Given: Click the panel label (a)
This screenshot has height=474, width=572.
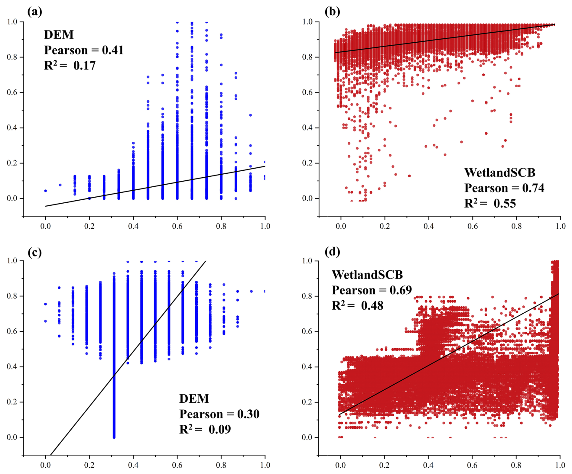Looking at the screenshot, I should click(x=34, y=12).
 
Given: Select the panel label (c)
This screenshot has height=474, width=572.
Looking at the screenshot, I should click(x=34, y=252).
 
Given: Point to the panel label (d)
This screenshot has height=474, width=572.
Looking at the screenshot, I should click(x=332, y=251).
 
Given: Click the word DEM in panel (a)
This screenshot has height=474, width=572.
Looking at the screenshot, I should click(x=59, y=35).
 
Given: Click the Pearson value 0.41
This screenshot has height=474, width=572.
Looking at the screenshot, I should click(x=113, y=50).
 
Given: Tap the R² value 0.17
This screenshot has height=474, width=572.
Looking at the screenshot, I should click(x=85, y=66).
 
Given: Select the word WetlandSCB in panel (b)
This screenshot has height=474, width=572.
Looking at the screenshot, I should click(x=499, y=173).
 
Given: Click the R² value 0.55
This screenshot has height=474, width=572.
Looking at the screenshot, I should click(x=505, y=203).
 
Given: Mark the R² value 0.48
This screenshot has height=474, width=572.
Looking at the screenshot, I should click(x=372, y=305).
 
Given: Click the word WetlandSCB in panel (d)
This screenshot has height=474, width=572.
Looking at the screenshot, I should click(x=367, y=275).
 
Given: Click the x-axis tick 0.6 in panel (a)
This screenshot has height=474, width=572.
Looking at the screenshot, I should click(x=177, y=226).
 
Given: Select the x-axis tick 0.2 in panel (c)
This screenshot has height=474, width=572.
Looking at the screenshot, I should click(x=89, y=465).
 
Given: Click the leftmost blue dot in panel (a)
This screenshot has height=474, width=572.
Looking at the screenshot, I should click(x=46, y=191).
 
